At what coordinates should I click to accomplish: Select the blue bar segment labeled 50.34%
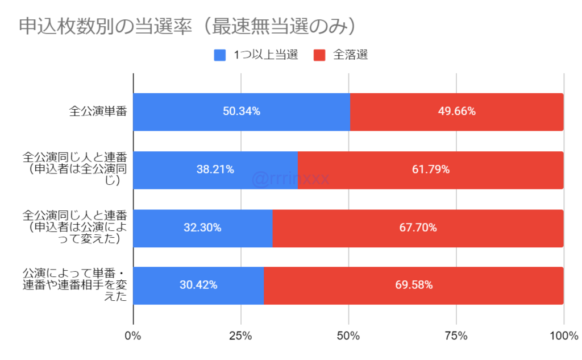click(241, 111)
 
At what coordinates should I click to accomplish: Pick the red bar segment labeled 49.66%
click(456, 111)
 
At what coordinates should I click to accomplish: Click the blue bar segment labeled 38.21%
click(215, 169)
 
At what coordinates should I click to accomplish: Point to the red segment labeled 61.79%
click(430, 169)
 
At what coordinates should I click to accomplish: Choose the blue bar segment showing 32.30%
click(202, 227)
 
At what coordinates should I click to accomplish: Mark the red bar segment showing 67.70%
click(418, 227)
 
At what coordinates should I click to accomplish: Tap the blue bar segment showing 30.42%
click(198, 285)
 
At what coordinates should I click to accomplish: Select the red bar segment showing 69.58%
click(414, 285)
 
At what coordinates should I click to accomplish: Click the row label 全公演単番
click(97, 111)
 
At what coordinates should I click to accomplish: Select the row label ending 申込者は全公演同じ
click(74, 169)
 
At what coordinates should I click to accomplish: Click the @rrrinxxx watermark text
click(290, 179)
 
